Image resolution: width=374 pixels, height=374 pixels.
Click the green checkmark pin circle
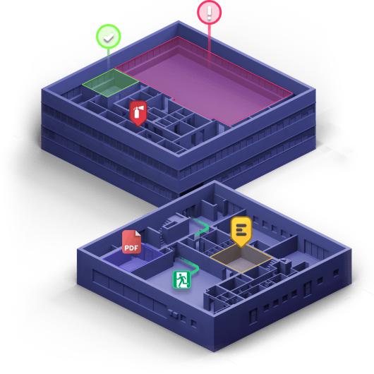tap(108, 37)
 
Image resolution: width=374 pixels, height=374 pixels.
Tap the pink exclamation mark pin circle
tap(209, 13)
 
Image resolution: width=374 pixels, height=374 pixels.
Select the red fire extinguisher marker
tap(138, 114)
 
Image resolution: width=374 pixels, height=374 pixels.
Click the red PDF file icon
tap(131, 241)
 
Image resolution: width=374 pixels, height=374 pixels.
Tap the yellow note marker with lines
tap(241, 231)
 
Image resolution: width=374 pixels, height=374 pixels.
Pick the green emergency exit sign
tap(182, 279)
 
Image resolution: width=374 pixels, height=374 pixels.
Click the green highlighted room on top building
tap(110, 83)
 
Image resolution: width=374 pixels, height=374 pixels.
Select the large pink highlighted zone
tap(204, 80)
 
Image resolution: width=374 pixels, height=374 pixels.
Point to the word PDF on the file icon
tap(131, 248)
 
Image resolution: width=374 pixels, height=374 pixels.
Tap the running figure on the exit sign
tap(182, 279)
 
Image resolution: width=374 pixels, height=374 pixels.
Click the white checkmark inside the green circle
tap(109, 37)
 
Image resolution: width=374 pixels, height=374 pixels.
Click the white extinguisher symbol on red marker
tap(138, 111)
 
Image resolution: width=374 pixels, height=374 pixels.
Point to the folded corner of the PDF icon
tap(138, 233)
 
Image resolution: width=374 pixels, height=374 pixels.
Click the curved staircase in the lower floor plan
tap(167, 229)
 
